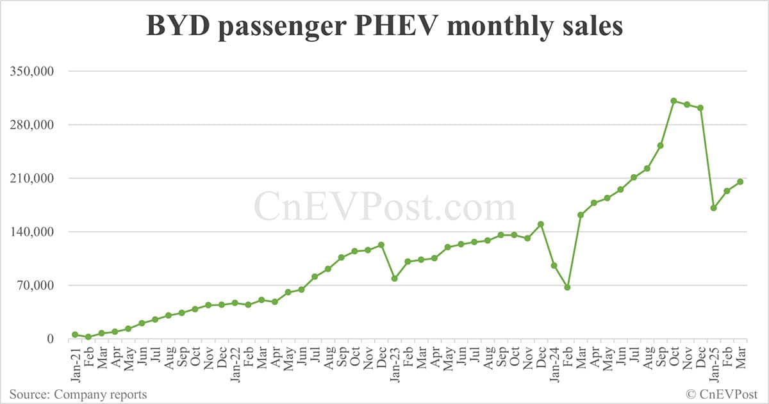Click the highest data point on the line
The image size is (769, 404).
674,101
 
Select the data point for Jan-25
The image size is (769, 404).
713,208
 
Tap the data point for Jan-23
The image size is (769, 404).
394,279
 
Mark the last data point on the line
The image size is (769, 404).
740,182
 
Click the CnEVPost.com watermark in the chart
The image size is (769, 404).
384,206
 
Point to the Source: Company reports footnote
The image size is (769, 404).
78,394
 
